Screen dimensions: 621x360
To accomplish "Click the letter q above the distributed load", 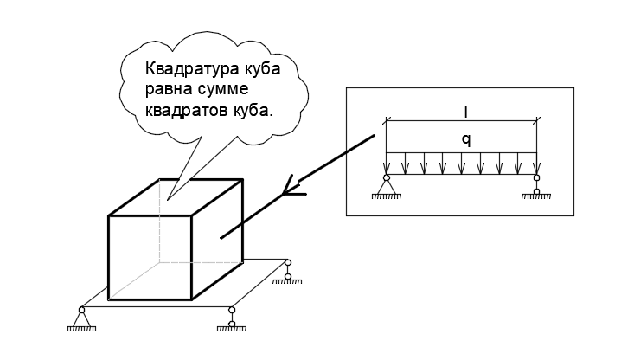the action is tap(466, 140).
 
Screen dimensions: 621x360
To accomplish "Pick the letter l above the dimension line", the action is tap(465, 112).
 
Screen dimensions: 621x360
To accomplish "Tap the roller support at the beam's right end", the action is tap(536, 186).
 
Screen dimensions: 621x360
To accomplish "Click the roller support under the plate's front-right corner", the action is tap(232, 319).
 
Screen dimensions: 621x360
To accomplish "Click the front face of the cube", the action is tap(150, 258).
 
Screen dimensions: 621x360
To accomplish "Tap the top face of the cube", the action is tap(176, 197).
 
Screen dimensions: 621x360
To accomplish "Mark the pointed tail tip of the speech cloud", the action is tap(168, 200).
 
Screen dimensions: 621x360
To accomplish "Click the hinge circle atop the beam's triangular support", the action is tap(387, 177).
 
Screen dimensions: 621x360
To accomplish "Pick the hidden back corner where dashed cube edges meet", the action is tap(160, 262).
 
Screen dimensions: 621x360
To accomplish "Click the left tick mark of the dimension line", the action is tap(386, 121).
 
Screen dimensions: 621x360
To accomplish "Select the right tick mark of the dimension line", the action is tap(536, 121).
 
